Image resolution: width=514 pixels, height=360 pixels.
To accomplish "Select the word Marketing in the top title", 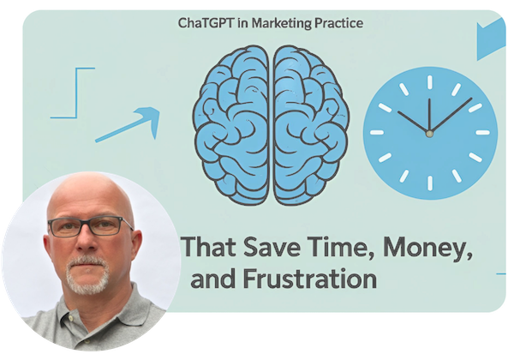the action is pyautogui.click(x=281, y=24).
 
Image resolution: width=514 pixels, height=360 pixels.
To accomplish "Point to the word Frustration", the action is pyautogui.click(x=310, y=279).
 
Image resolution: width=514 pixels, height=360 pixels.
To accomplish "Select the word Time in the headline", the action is pyautogui.click(x=342, y=248).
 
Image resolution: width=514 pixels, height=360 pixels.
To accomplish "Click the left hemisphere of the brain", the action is pyautogui.click(x=231, y=126).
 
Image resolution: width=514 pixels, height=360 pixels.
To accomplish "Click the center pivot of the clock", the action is pyautogui.click(x=429, y=134).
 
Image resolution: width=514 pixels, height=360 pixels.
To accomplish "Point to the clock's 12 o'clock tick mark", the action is pyautogui.click(x=430, y=82).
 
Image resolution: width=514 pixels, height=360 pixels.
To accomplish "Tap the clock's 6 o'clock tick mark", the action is pyautogui.click(x=430, y=183).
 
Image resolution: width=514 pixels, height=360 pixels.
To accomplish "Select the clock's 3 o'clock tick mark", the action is pyautogui.click(x=482, y=133).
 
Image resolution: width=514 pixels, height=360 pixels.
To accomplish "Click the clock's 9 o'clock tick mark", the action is pyautogui.click(x=377, y=133).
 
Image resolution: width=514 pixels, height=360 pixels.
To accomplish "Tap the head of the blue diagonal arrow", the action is pyautogui.click(x=150, y=118).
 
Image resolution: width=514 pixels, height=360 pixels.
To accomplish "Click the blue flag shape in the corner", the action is pyautogui.click(x=491, y=39).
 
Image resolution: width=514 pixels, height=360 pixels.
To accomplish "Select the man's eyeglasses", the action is pyautogui.click(x=89, y=226).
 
